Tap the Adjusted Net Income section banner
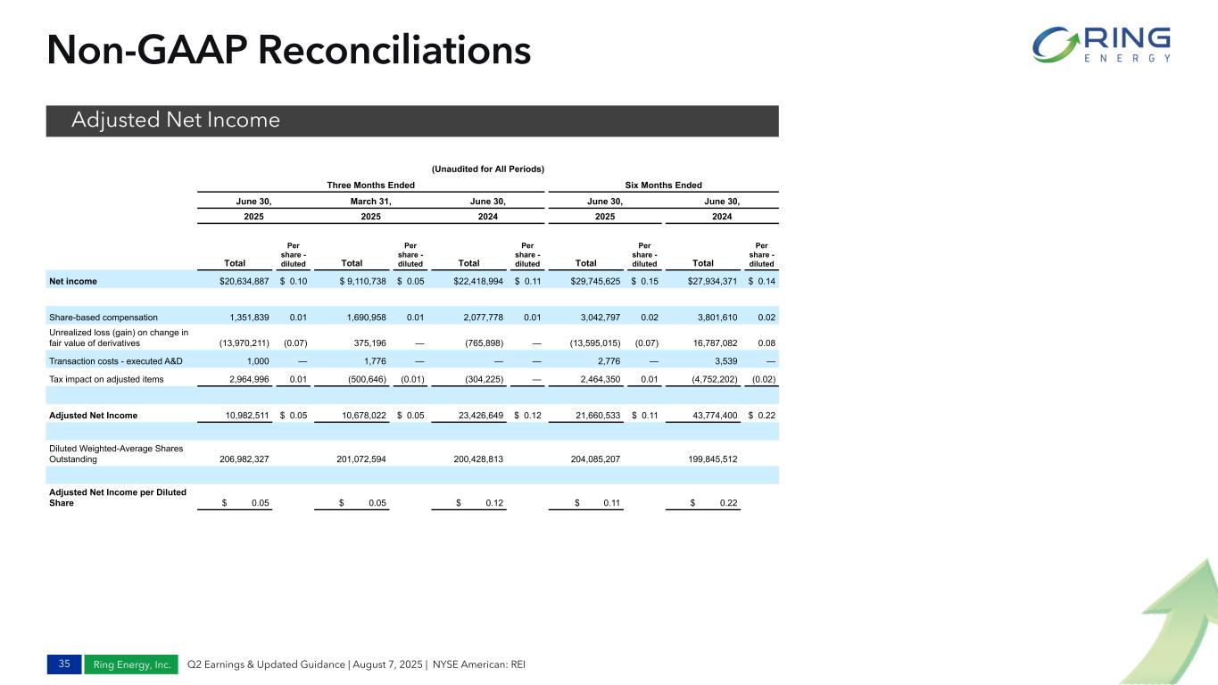[x=412, y=120]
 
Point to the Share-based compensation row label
[x=104, y=317]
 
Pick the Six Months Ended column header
[x=662, y=185]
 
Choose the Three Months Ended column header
[x=370, y=185]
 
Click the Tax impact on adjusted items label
[x=106, y=379]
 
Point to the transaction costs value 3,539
[x=723, y=361]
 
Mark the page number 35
[x=63, y=664]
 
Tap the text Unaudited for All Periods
[x=488, y=169]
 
